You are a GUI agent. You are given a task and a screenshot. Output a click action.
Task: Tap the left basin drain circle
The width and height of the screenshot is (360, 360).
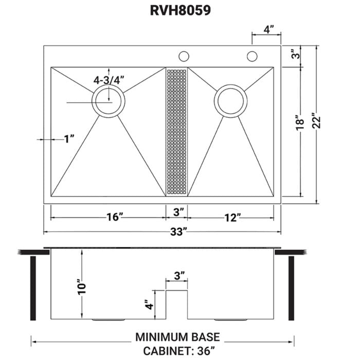pos(108,100)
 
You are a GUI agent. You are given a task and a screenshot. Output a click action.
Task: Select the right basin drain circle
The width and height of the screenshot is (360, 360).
pos(230,101)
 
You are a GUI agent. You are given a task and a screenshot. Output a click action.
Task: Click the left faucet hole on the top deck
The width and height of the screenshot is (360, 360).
pos(183,56)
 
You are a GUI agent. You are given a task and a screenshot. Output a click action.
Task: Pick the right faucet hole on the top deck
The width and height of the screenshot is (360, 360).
pos(251,56)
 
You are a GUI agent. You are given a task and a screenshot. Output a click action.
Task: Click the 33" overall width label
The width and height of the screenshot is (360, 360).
pos(177,232)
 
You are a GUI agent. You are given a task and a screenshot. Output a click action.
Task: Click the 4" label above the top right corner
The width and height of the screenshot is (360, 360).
pos(267,30)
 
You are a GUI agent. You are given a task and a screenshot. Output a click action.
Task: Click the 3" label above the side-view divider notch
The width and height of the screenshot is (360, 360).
pos(178,276)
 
